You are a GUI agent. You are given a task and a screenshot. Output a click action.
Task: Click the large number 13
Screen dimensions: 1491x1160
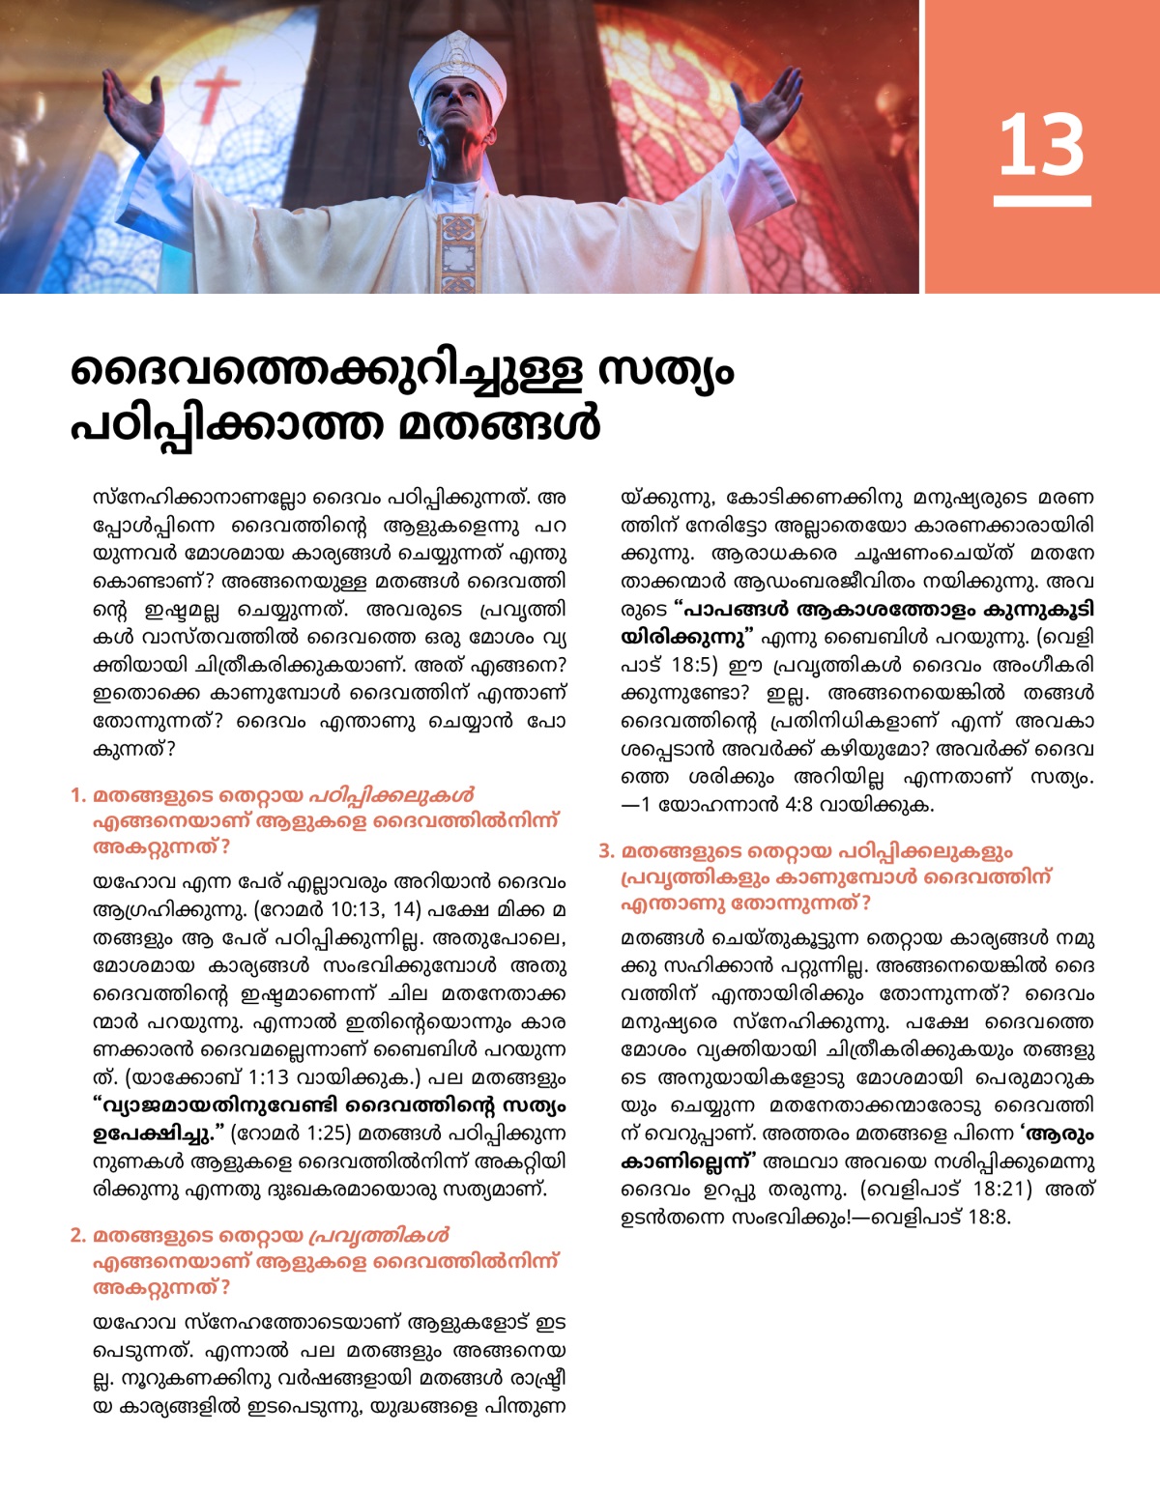1041,145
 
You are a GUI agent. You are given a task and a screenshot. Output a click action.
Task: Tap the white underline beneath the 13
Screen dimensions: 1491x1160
1041,201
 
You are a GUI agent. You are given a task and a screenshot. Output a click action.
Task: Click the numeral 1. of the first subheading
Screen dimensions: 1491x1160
78,796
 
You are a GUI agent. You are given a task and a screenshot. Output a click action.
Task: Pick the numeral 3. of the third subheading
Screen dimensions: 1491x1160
606,852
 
